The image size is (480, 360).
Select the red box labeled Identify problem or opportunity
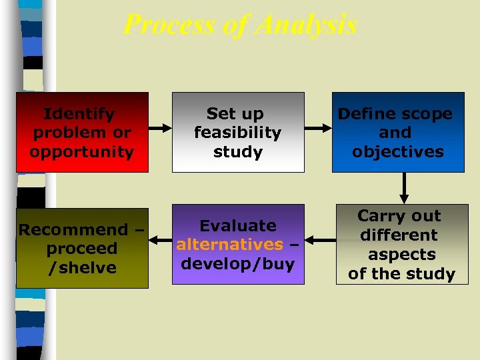click(x=82, y=132)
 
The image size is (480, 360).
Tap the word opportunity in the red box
click(x=82, y=152)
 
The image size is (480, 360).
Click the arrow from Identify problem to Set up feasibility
click(x=160, y=127)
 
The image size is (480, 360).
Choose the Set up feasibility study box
click(x=238, y=132)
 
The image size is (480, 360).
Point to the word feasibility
click(x=238, y=133)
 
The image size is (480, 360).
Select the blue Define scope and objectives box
click(x=398, y=132)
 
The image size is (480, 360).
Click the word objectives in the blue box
click(x=398, y=152)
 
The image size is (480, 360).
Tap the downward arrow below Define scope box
click(x=404, y=188)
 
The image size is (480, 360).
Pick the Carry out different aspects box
click(x=401, y=245)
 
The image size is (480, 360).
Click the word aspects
click(x=401, y=255)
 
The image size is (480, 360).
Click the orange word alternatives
click(x=230, y=245)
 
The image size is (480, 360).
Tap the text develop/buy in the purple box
click(x=238, y=263)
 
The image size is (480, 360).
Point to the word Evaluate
click(x=238, y=226)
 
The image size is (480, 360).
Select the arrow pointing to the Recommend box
click(x=160, y=238)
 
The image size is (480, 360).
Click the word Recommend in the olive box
click(x=73, y=230)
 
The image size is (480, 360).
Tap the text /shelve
click(x=82, y=268)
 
